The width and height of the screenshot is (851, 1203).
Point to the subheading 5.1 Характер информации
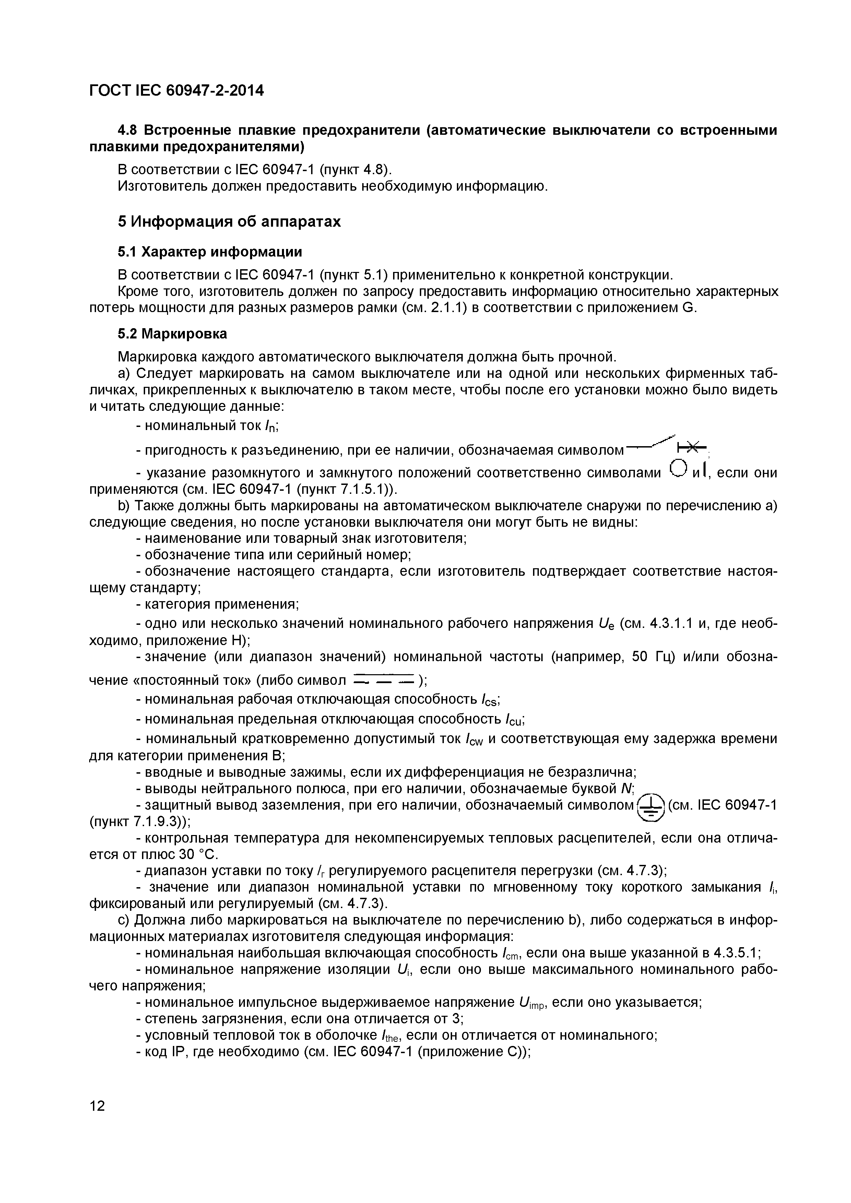point(210,252)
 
